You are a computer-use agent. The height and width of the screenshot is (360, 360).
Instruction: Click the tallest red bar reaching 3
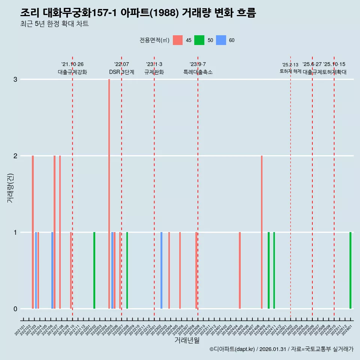[109, 193]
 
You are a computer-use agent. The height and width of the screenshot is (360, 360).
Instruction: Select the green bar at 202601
[350, 270]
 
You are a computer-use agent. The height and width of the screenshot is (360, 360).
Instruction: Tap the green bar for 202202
[94, 270]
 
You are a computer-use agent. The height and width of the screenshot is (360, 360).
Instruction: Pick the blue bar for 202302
[161, 270]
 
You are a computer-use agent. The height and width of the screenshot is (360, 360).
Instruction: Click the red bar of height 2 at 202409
[262, 232]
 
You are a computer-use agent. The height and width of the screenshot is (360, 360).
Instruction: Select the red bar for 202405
[240, 270]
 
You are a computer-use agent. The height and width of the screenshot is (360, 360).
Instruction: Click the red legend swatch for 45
[178, 40]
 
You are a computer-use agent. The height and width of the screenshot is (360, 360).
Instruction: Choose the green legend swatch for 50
[199, 40]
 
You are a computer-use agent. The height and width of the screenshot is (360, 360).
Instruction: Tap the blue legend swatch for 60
[221, 40]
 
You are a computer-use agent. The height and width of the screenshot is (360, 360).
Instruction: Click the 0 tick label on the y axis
[15, 309]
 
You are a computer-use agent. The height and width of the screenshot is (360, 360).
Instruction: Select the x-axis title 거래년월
[187, 340]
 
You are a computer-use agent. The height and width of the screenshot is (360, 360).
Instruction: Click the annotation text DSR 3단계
[121, 72]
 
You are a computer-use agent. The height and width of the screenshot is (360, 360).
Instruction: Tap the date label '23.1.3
[154, 64]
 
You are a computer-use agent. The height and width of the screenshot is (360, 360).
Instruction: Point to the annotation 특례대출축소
[198, 72]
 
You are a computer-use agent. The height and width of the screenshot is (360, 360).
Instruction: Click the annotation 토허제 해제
[290, 71]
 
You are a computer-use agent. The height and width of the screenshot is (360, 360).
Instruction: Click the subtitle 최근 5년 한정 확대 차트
[54, 24]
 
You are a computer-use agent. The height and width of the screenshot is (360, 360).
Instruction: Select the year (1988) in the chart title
[165, 13]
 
